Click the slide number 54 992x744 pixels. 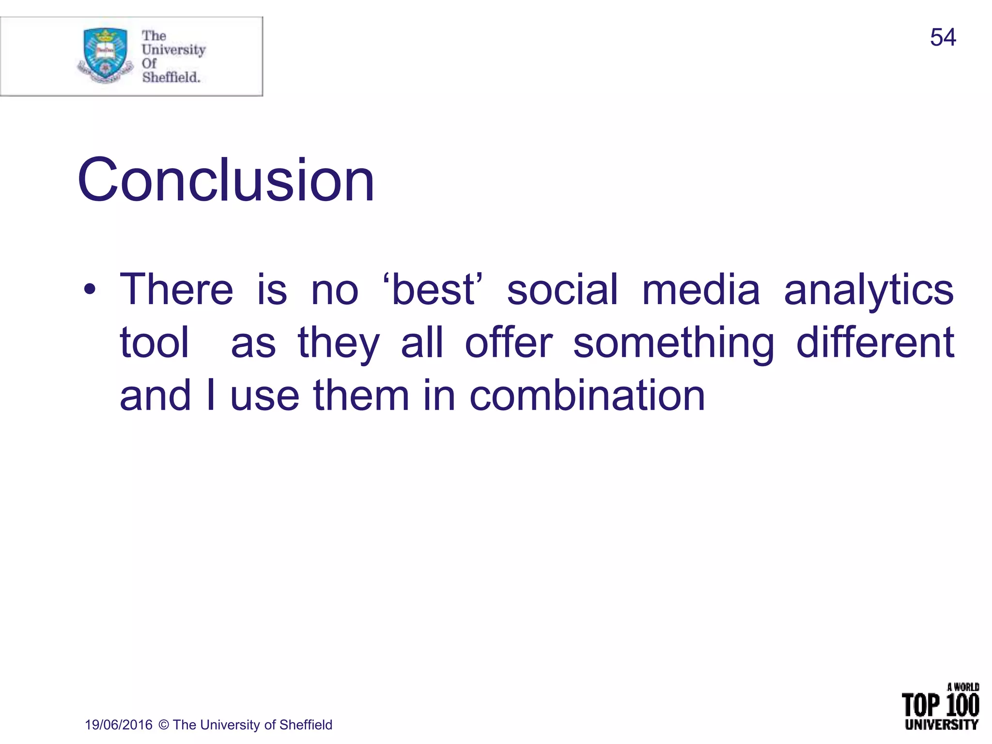click(943, 37)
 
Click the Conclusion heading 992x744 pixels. click(226, 180)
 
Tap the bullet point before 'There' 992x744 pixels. click(90, 290)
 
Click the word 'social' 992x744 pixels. click(562, 290)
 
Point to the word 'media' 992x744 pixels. click(701, 290)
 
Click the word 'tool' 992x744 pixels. click(154, 342)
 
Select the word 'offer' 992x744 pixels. click(509, 342)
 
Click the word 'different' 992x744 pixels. click(875, 342)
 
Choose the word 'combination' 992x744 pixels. click(587, 396)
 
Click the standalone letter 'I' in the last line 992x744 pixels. click(210, 396)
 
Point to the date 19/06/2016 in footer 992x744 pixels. click(119, 725)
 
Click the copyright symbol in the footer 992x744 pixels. click(164, 725)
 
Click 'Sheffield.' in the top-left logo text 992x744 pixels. click(170, 77)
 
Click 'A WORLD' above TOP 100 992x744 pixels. click(963, 687)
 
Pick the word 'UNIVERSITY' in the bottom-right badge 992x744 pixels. click(941, 725)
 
